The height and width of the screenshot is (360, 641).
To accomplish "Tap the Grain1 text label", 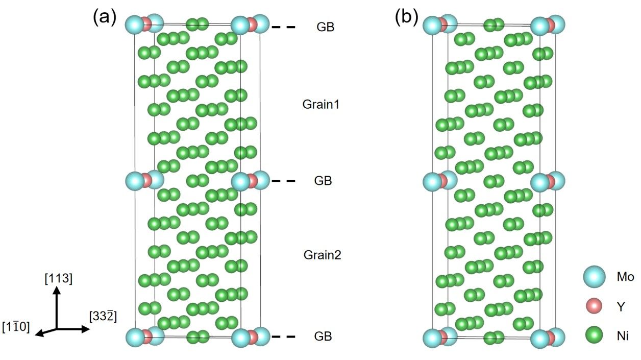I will [x=321, y=105].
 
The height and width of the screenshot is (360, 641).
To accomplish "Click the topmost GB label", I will [x=325, y=27].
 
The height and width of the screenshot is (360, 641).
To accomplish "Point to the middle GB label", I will [x=323, y=181].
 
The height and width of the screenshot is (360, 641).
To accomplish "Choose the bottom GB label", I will [x=323, y=337].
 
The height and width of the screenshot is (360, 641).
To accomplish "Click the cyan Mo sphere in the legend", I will [x=593, y=277].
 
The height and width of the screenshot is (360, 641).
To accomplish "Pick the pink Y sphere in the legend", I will [x=593, y=306].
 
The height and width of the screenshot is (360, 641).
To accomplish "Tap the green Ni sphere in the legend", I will [x=593, y=335].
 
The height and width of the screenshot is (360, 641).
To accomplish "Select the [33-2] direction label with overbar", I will [x=103, y=316].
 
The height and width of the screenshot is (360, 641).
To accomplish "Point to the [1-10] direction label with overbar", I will [x=16, y=326].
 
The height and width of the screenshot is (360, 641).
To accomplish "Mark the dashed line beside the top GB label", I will [x=283, y=27].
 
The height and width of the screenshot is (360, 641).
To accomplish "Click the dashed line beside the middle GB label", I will [x=283, y=181].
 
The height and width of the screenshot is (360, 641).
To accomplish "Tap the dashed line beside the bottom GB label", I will [x=283, y=337].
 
